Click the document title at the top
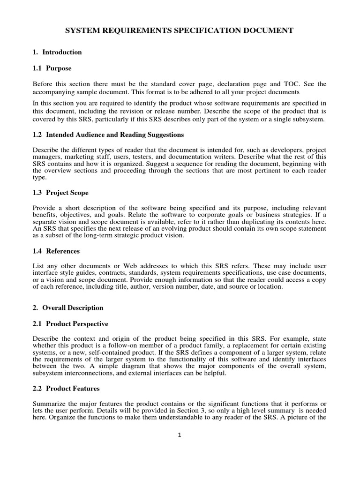click(x=179, y=30)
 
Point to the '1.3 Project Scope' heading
click(x=60, y=193)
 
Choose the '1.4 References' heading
click(x=56, y=251)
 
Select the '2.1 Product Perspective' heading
click(x=70, y=324)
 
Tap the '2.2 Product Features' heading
click(x=66, y=389)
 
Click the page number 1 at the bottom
click(x=180, y=435)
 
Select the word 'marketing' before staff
click(x=76, y=156)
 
